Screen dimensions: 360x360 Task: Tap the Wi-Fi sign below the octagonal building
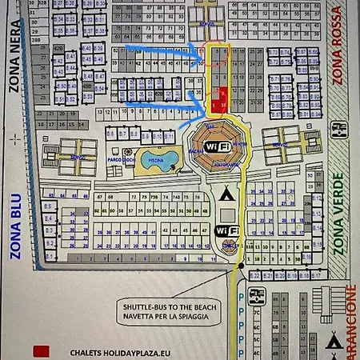[x=227, y=230]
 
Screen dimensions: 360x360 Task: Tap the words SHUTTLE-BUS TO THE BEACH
[x=173, y=306]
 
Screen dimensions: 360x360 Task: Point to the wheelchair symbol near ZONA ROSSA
[x=338, y=128]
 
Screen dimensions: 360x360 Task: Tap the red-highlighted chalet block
[x=220, y=100]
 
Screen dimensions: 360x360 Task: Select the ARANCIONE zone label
[x=350, y=320]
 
